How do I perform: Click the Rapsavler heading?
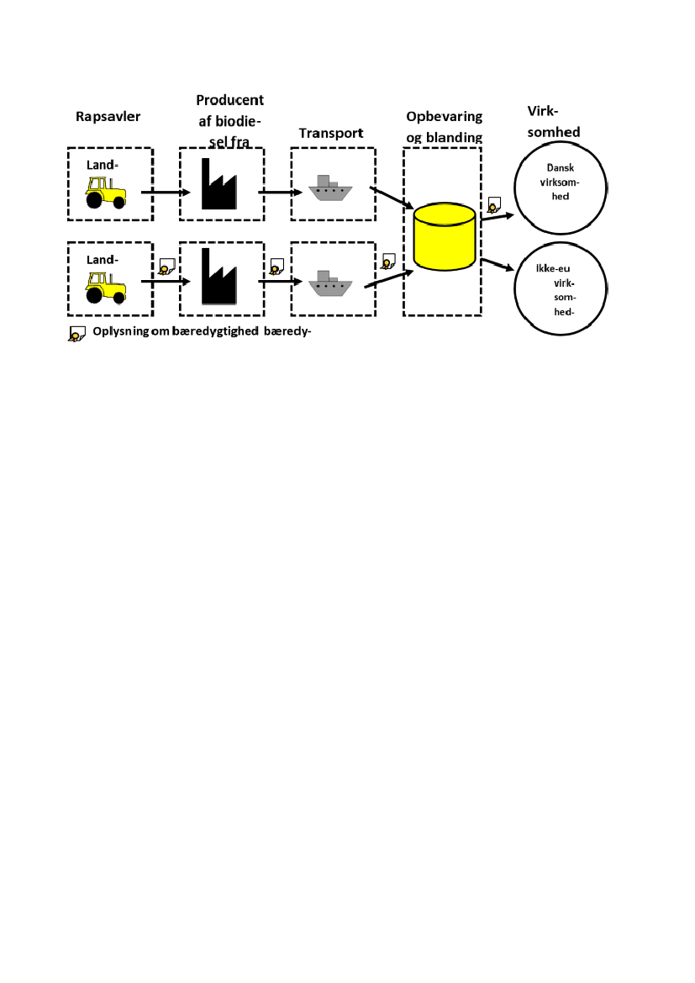108,116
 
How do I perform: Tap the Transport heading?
330,133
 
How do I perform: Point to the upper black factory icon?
219,184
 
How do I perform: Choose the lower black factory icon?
219,277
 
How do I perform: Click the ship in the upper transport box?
330,188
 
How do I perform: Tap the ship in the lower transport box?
330,284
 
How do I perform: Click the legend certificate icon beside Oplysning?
76,333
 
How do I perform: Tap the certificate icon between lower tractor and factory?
166,267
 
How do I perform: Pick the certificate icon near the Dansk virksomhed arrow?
493,204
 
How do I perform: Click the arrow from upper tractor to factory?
166,193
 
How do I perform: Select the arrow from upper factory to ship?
279,193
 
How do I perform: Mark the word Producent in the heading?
229,100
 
